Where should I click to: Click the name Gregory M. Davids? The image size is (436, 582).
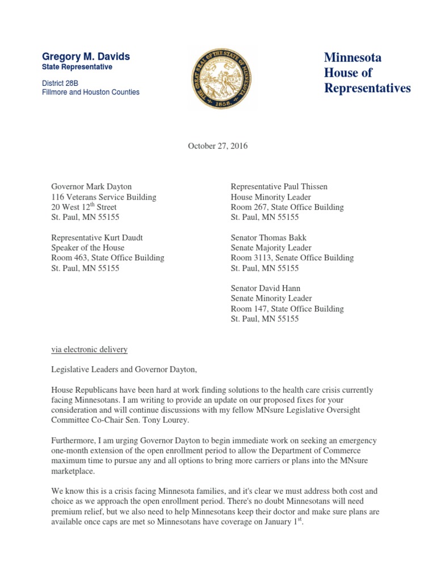(x=86, y=57)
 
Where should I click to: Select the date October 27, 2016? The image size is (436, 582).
(x=218, y=146)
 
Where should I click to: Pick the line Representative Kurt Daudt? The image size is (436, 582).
(x=100, y=238)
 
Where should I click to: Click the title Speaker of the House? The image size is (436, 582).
(x=87, y=248)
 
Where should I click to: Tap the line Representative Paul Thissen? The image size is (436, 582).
(x=279, y=186)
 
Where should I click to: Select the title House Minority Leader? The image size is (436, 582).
(x=270, y=197)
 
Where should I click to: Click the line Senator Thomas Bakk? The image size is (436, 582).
(x=269, y=238)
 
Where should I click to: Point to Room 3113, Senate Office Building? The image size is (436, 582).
(x=292, y=258)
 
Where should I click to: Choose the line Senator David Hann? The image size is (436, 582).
(x=266, y=289)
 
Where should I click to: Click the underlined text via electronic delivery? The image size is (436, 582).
(x=89, y=349)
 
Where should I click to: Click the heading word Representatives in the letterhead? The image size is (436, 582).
(x=367, y=88)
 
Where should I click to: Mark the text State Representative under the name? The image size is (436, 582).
(x=77, y=67)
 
